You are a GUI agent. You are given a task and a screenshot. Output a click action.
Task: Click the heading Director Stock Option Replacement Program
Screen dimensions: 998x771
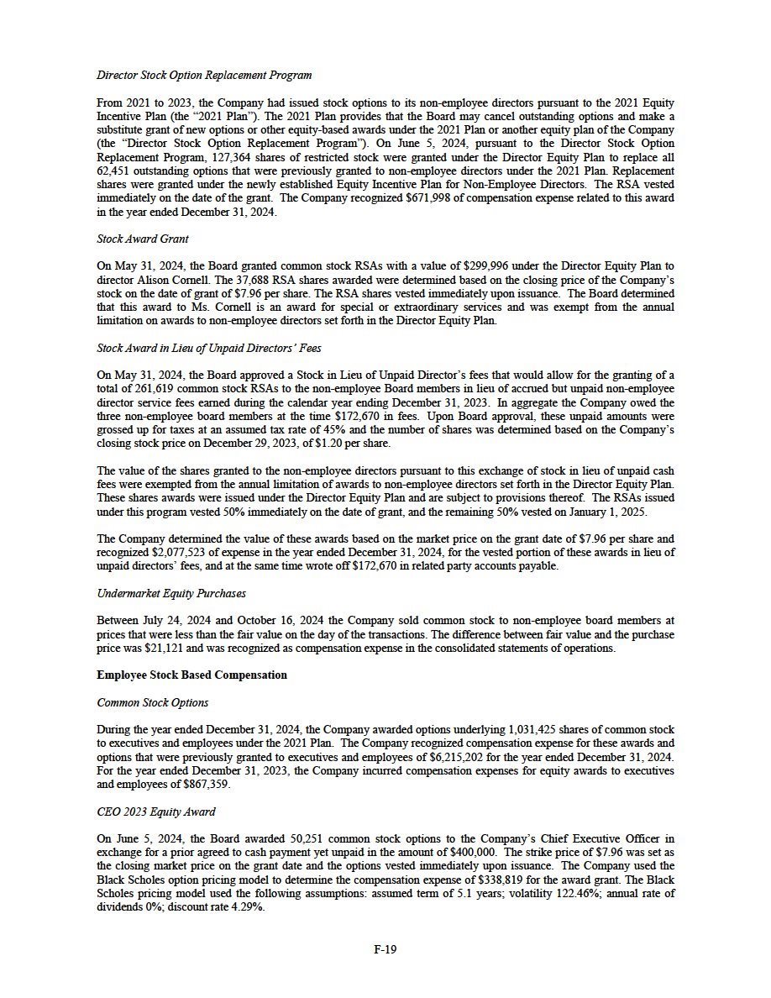coord(204,76)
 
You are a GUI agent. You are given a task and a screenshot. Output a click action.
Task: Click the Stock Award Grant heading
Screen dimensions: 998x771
coord(142,239)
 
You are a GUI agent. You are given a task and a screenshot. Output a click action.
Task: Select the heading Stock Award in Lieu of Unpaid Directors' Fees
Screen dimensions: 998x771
coord(209,347)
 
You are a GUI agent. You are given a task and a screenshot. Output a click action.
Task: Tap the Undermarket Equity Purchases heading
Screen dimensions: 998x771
coord(171,593)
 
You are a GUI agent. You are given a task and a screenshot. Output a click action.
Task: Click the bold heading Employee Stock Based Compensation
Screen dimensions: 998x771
coord(191,675)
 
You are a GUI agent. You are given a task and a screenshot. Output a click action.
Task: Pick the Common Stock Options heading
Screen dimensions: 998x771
coord(153,702)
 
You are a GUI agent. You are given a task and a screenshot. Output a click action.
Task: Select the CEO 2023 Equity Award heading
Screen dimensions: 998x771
coord(156,812)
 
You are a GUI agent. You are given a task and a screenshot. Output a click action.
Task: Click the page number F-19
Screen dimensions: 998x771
coord(385,949)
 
